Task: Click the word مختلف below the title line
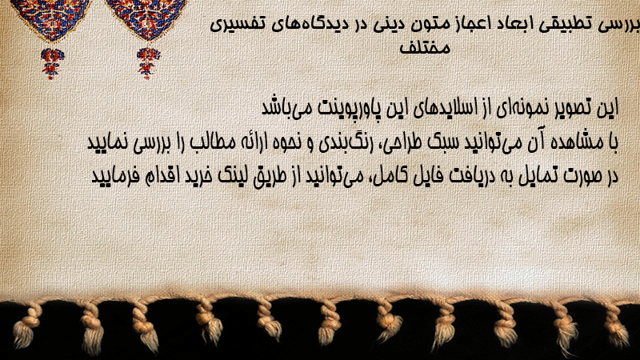425,48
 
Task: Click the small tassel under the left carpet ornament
51,63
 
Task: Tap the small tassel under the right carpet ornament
148,63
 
